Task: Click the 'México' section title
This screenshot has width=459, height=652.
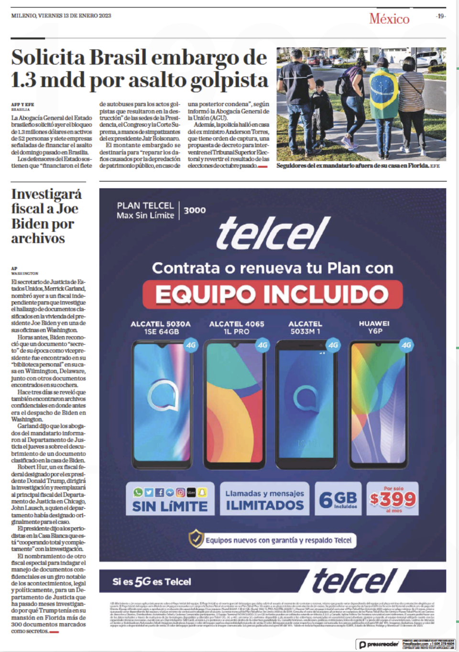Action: pyautogui.click(x=389, y=19)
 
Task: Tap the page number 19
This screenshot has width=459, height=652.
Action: pyautogui.click(x=441, y=16)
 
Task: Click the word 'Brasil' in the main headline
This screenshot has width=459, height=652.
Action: pyautogui.click(x=118, y=58)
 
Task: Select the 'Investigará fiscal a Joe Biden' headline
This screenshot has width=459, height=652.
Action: pyautogui.click(x=46, y=216)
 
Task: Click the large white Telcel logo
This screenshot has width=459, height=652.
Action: pyautogui.click(x=273, y=233)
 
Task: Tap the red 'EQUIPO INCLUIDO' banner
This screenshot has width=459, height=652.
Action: pyautogui.click(x=272, y=294)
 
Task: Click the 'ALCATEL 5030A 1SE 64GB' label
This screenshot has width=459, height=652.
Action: pyautogui.click(x=161, y=328)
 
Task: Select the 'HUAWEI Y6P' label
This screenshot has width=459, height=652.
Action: pyautogui.click(x=374, y=327)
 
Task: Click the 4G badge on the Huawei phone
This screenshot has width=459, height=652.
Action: pyautogui.click(x=406, y=345)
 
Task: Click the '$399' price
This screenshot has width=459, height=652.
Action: pyautogui.click(x=393, y=499)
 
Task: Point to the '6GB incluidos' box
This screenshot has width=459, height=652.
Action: pyautogui.click(x=338, y=499)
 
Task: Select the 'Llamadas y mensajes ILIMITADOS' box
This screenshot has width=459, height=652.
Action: pyautogui.click(x=264, y=499)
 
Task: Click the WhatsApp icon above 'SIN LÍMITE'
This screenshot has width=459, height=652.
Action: pyautogui.click(x=138, y=492)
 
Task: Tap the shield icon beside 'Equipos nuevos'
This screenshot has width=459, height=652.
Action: pyautogui.click(x=196, y=539)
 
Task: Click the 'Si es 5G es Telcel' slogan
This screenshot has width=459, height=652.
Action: pyautogui.click(x=152, y=581)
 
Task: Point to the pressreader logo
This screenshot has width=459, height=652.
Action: pyautogui.click(x=379, y=644)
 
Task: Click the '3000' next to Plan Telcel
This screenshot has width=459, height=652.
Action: pyautogui.click(x=195, y=210)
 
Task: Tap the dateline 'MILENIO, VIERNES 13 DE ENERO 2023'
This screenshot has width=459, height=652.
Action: pyautogui.click(x=61, y=16)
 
